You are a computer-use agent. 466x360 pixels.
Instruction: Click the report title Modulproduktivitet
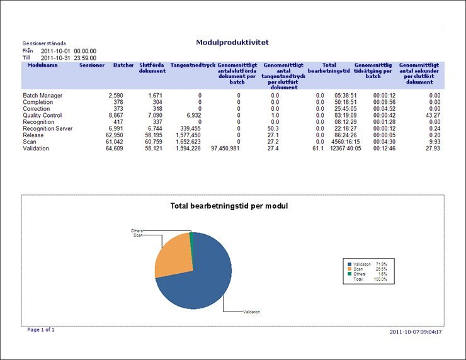click(233, 42)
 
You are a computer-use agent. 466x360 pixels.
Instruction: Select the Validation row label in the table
click(36, 149)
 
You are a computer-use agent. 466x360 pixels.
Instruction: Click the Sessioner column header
click(92, 65)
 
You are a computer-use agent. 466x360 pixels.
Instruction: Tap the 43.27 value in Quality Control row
click(432, 115)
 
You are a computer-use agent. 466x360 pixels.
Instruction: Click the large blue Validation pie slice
click(202, 277)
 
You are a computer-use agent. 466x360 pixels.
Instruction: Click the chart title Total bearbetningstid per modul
click(229, 206)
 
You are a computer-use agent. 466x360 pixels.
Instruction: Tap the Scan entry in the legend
click(359, 269)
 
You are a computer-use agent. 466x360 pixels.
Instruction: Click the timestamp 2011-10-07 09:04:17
click(416, 331)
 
